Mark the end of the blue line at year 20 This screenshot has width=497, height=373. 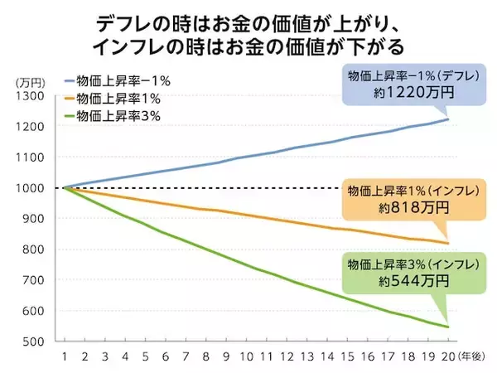click(448, 120)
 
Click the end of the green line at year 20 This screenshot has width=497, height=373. click(448, 327)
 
